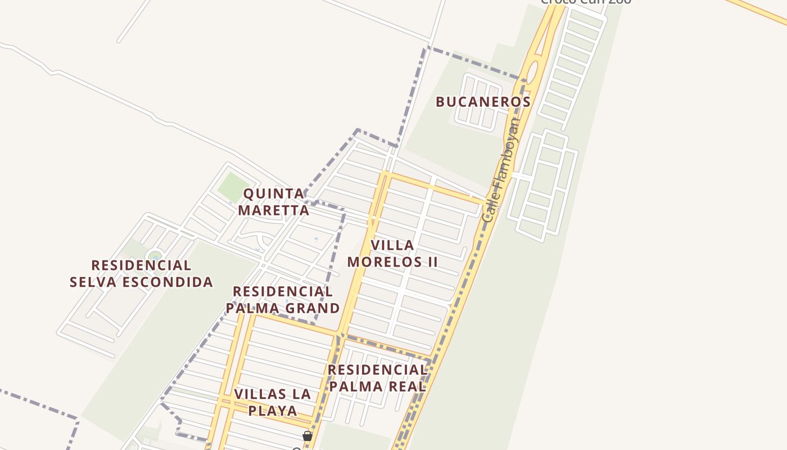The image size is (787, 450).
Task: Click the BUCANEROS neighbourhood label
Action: click(x=483, y=102)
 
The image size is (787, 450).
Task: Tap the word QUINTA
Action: click(x=274, y=194)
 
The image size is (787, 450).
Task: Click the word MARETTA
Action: click(x=274, y=210)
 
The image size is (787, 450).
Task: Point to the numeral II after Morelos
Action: click(x=431, y=262)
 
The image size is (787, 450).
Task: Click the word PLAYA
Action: click(x=273, y=410)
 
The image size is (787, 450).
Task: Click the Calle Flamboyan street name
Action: click(x=500, y=169)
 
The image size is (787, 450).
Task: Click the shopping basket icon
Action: click(x=307, y=436)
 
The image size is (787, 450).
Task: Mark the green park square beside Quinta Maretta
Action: click(x=233, y=187)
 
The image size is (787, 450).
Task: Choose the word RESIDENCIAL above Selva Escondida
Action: click(x=141, y=265)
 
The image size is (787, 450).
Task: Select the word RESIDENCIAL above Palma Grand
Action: click(x=283, y=291)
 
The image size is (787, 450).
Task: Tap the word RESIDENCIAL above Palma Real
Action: click(x=378, y=370)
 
